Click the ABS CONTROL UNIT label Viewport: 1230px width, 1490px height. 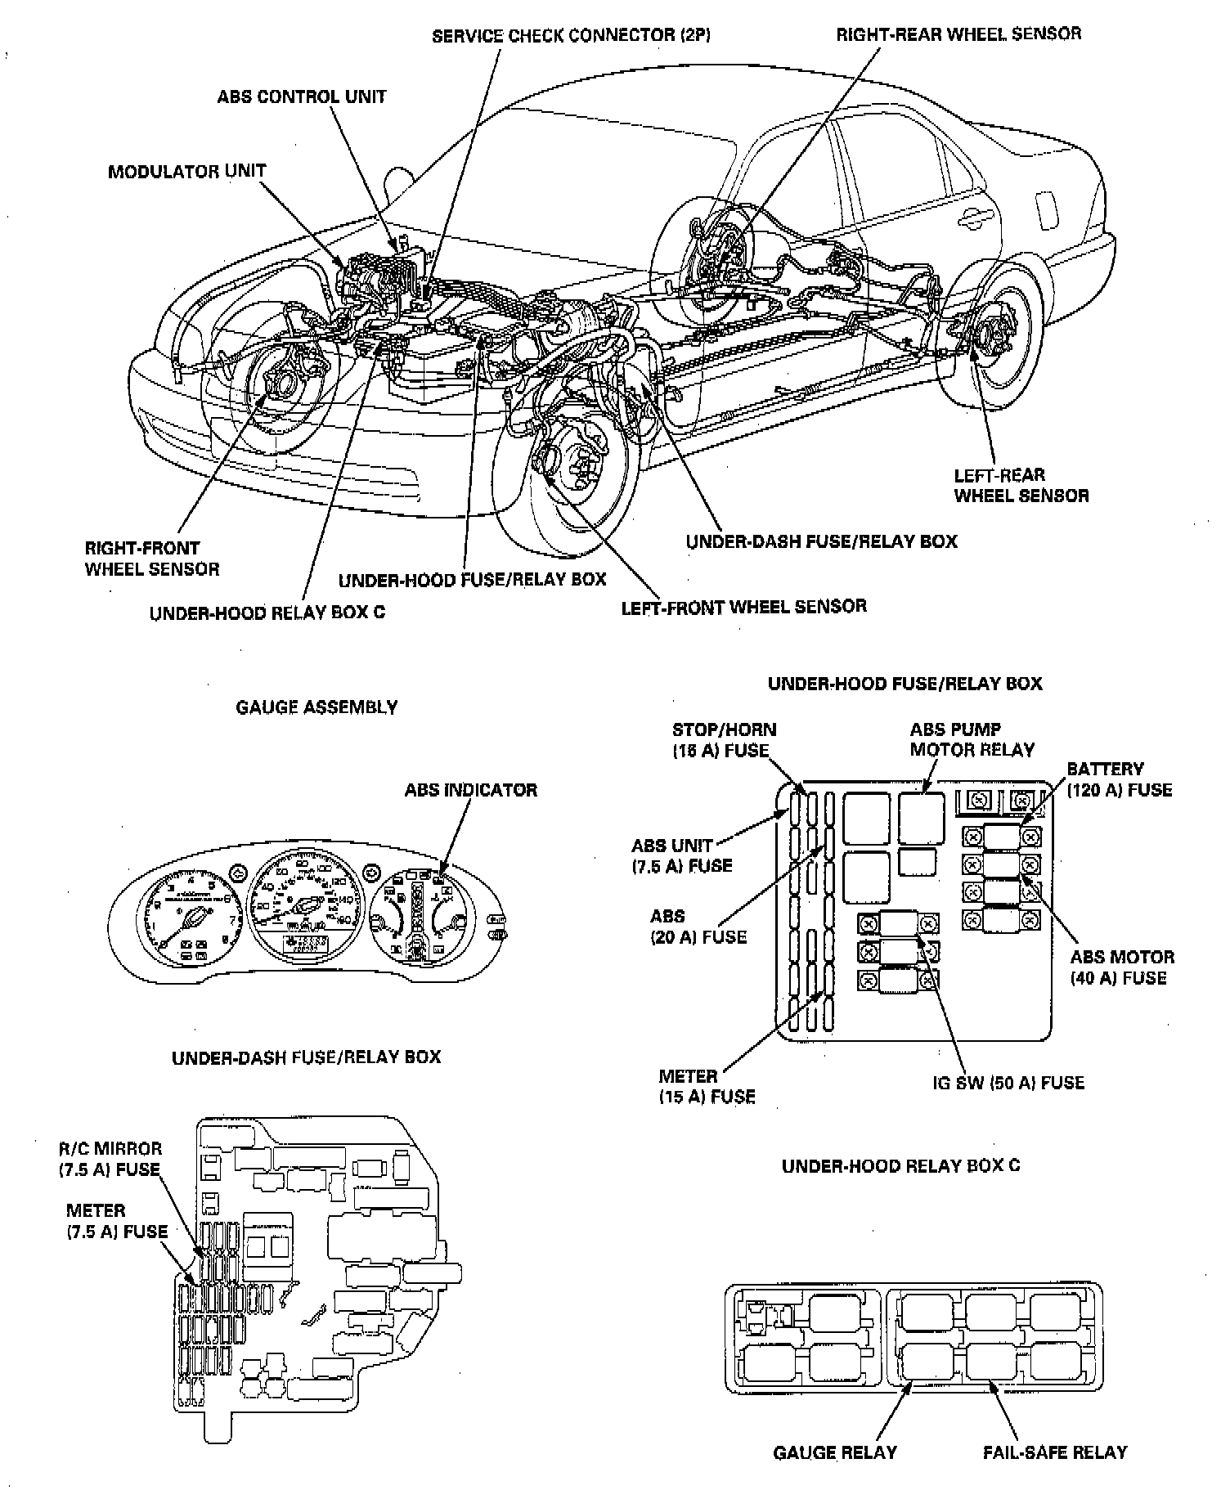point(301,96)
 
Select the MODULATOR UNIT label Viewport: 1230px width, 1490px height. point(186,172)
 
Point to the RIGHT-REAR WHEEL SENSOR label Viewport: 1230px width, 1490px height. point(958,34)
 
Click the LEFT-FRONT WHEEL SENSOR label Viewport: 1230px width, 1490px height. point(743,607)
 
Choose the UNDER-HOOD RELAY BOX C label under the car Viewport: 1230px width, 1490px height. point(267,613)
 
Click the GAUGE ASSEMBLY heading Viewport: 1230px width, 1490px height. point(316,707)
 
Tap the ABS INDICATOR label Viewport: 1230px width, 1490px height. point(471,790)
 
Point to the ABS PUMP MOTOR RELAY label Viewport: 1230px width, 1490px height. point(972,739)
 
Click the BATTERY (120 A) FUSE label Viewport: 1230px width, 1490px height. point(1119,779)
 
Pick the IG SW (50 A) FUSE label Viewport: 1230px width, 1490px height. point(1008,1083)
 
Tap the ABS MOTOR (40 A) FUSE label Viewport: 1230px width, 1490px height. point(1122,967)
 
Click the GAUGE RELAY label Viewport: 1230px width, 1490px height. point(835,1452)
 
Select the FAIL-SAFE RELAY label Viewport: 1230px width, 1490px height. point(1054,1452)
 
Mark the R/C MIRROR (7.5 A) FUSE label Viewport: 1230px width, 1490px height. point(110,1159)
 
